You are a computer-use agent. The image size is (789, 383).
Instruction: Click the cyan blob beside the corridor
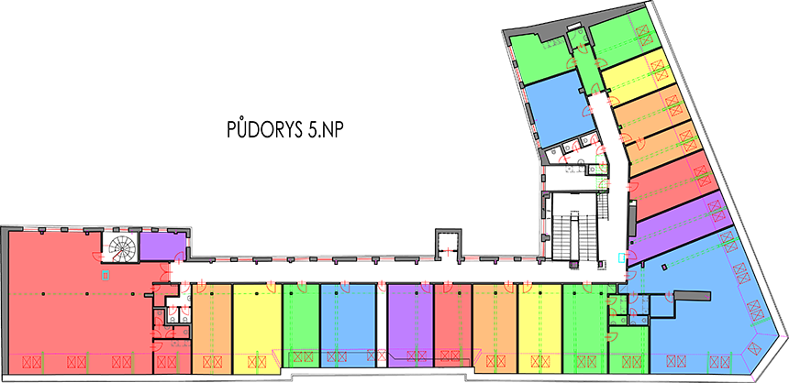[617, 256]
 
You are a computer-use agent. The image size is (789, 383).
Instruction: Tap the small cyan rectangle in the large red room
[105, 274]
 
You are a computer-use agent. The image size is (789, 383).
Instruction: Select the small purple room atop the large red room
[161, 247]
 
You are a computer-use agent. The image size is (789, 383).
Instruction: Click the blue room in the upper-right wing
[555, 110]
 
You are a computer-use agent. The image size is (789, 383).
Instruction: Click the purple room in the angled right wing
[679, 221]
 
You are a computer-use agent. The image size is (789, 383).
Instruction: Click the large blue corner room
[706, 321]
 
